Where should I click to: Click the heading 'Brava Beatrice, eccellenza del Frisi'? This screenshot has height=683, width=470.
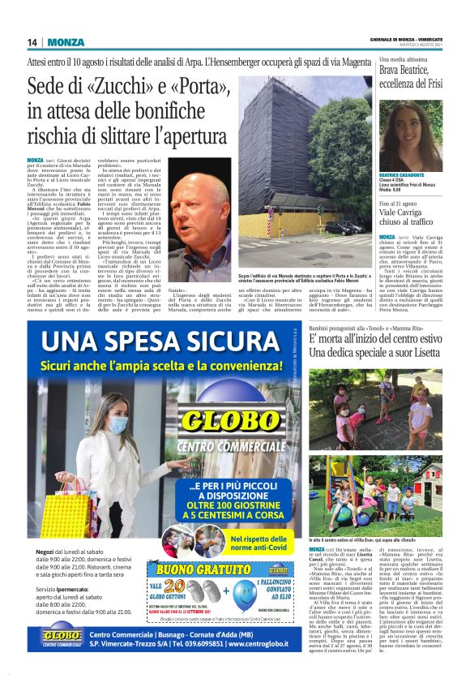(410, 77)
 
